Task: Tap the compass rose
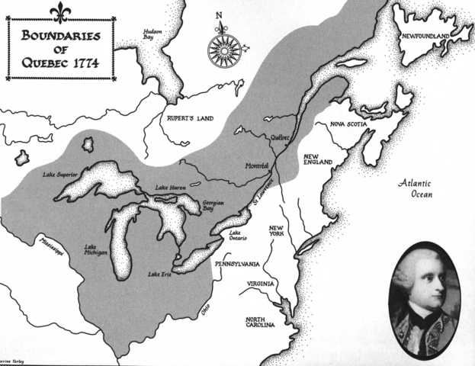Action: (224, 45)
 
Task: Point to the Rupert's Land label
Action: (191, 119)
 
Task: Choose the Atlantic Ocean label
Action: (416, 188)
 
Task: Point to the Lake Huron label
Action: (172, 188)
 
